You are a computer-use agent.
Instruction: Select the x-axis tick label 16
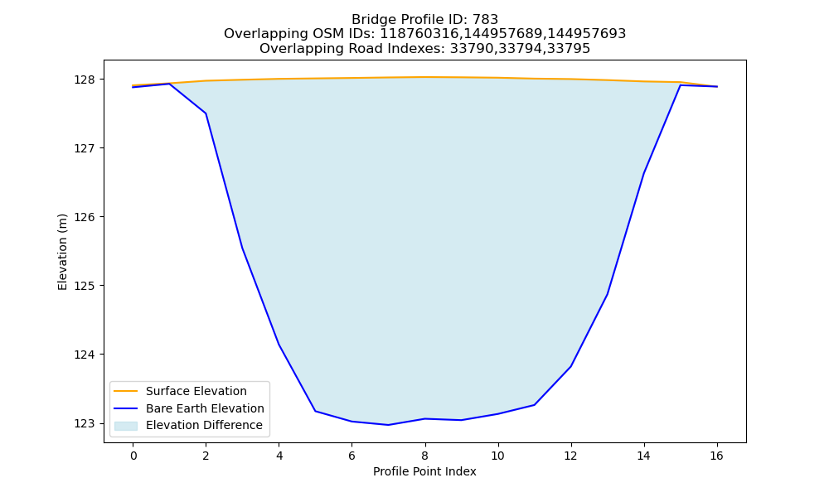pyautogui.click(x=716, y=456)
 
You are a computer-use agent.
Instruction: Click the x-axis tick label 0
pyautogui.click(x=133, y=456)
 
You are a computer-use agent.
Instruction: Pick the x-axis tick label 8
pyautogui.click(x=425, y=456)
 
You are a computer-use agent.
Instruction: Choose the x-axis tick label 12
pyautogui.click(x=570, y=456)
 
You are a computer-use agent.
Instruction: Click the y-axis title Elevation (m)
pyautogui.click(x=62, y=252)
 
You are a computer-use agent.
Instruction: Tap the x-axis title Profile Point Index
pyautogui.click(x=424, y=471)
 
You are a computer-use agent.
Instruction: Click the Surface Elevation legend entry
pyautogui.click(x=196, y=391)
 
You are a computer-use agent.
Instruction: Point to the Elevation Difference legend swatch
pyautogui.click(x=126, y=426)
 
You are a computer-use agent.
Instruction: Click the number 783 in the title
pyautogui.click(x=485, y=20)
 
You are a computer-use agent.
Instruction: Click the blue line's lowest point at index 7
pyautogui.click(x=388, y=425)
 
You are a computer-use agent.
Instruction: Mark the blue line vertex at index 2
pyautogui.click(x=206, y=113)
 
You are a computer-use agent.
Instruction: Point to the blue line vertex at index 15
pyautogui.click(x=680, y=85)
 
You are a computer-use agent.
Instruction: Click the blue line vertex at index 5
pyautogui.click(x=315, y=411)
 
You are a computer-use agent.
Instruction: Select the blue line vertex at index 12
pyautogui.click(x=570, y=367)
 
